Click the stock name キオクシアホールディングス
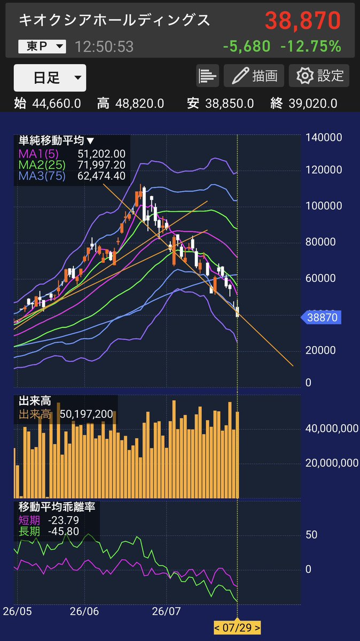tap(114, 20)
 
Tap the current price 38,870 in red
tap(303, 21)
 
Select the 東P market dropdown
tap(42, 46)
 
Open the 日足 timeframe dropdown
tap(50, 78)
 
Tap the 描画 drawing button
tap(254, 76)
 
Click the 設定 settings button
tap(319, 76)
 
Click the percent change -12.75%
tap(311, 46)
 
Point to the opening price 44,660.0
tap(57, 104)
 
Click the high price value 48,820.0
tap(139, 104)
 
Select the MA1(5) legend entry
tap(38, 154)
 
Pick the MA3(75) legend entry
tap(42, 176)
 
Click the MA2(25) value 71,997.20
tap(101, 165)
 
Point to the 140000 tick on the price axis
tap(324, 137)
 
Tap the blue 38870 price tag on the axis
tap(321, 317)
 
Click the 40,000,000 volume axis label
tap(332, 428)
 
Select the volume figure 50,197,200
tap(86, 414)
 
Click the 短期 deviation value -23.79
tap(64, 520)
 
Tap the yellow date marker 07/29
tap(237, 628)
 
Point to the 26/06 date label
tap(84, 611)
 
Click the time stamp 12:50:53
tap(104, 46)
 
